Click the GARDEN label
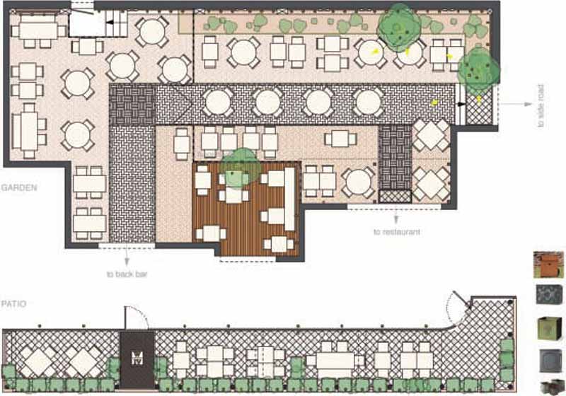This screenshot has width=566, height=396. coord(19,187)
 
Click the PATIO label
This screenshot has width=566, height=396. coord(13,303)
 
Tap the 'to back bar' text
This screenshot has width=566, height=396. coord(127,274)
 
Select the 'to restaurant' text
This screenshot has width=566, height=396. coord(397,232)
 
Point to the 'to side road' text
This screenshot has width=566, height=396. coord(541,105)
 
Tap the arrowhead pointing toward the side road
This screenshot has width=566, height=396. coord(529,104)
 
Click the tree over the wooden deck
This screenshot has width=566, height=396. coord(240,168)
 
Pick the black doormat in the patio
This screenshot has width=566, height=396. coord(137,359)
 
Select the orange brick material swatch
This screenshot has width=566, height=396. coord(548,264)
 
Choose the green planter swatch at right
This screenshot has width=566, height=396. coord(550,328)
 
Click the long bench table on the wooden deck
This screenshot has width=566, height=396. coord(290,199)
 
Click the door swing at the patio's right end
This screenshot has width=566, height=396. coord(458,308)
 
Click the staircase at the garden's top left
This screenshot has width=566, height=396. coord(117,23)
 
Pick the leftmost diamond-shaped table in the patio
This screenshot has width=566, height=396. coord(37,361)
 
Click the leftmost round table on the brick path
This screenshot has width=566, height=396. coord(218,102)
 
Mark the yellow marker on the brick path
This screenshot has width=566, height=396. coord(435,103)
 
